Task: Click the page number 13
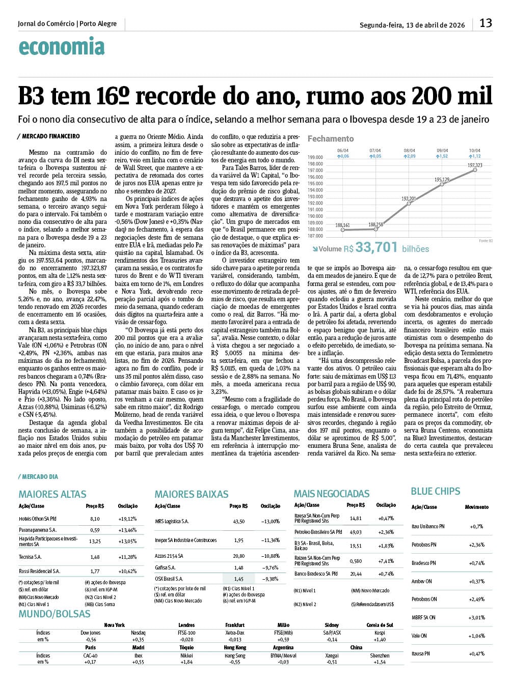[486, 23]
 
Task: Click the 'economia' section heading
[62, 47]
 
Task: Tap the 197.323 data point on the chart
[475, 170]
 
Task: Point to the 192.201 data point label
[409, 198]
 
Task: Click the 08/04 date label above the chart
[409, 151]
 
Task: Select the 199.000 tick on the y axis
[315, 157]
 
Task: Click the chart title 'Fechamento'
[331, 138]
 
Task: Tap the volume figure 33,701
[376, 247]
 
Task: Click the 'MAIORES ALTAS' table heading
[52, 494]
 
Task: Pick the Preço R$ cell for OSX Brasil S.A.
[238, 579]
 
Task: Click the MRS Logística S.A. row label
[172, 522]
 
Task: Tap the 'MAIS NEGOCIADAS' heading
[332, 494]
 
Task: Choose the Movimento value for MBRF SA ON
[476, 617]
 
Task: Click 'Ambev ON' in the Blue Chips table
[421, 581]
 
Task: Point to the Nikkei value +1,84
[186, 662]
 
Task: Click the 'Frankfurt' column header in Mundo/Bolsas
[235, 625]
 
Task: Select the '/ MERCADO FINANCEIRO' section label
[48, 136]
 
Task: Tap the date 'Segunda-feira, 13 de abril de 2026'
[412, 24]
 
